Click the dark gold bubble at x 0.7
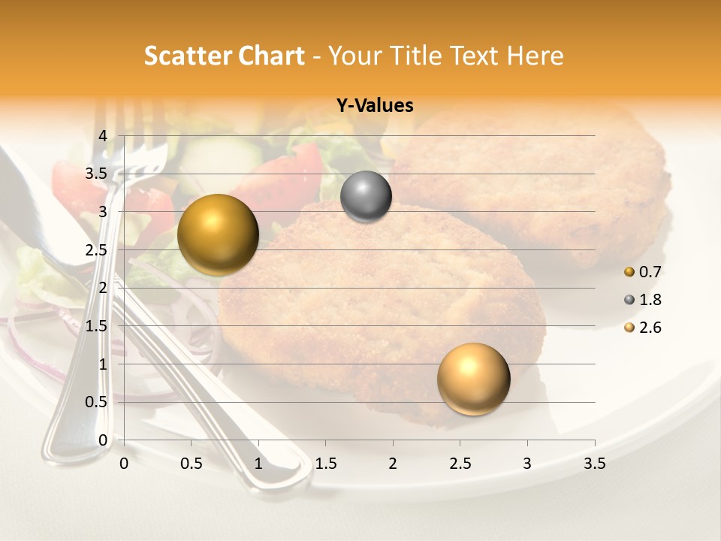click(218, 234)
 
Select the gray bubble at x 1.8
click(366, 197)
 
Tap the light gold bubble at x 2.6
click(473, 379)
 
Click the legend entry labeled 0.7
click(643, 271)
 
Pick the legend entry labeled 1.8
click(643, 300)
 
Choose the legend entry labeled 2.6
click(643, 328)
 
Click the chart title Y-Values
click(375, 106)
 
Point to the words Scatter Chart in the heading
click(225, 56)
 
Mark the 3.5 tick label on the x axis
click(594, 464)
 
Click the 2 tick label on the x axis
click(393, 464)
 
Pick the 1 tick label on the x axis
click(258, 464)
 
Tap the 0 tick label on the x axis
click(124, 464)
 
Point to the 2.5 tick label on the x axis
click(460, 464)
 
